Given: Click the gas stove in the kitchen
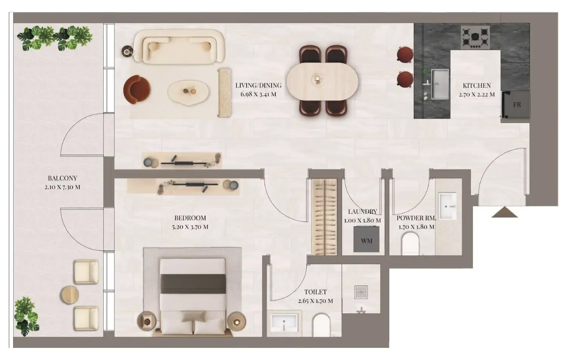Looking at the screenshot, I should [x=475, y=37].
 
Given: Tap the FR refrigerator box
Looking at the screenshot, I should [x=516, y=105].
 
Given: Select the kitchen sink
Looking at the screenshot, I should [x=440, y=84].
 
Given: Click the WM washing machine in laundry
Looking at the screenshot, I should [x=366, y=239].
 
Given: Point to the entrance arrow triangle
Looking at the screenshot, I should [x=504, y=213].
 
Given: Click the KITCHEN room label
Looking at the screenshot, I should [x=477, y=85].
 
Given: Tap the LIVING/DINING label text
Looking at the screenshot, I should [x=258, y=85].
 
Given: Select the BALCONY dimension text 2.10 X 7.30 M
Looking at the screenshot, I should [x=62, y=187].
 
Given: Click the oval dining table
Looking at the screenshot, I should [x=322, y=80].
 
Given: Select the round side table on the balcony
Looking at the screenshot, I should [x=70, y=295].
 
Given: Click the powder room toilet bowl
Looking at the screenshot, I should [x=410, y=243].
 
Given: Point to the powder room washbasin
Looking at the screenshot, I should [x=448, y=206].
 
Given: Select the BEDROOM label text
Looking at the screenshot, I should [x=190, y=218].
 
